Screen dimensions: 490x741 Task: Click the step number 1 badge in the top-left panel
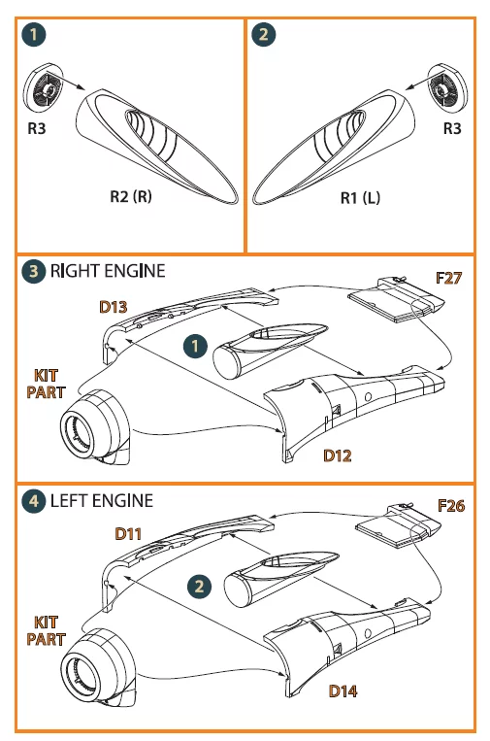pos(34,34)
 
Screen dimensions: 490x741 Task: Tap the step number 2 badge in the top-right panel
pos(264,34)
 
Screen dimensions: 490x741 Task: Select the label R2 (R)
pos(131,196)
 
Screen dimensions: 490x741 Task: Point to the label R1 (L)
pos(360,197)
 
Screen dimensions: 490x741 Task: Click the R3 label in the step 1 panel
pos(36,128)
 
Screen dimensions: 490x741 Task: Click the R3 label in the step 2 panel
pos(452,128)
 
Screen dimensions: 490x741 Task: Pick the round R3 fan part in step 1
pos(43,87)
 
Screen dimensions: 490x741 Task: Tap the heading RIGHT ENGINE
pos(108,271)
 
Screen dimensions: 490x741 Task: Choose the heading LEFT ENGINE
pos(102,500)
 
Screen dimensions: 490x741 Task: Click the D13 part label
pos(114,307)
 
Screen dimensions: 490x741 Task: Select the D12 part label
pos(338,455)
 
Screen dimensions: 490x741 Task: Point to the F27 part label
pos(449,278)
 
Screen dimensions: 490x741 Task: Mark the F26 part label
pos(451,506)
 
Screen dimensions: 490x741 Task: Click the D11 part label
pos(128,534)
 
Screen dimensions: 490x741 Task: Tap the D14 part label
pos(343,690)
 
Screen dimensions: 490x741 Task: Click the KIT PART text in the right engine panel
pos(46,384)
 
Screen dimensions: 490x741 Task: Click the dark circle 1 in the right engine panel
pos(195,347)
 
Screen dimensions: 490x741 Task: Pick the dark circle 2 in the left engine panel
pos(199,587)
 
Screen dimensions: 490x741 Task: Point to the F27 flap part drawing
pos(396,299)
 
